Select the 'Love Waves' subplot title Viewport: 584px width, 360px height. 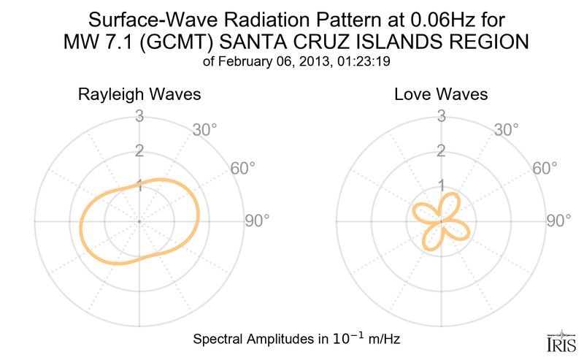tap(441, 95)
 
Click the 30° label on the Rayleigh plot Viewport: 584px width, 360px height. tap(205, 131)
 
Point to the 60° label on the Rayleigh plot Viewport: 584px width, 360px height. tap(243, 169)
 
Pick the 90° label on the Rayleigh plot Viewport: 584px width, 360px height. tap(258, 221)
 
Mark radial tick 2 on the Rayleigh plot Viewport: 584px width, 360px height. tap(139, 151)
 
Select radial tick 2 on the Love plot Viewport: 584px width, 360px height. tap(441, 151)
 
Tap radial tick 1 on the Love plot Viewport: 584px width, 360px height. tap(441, 185)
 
